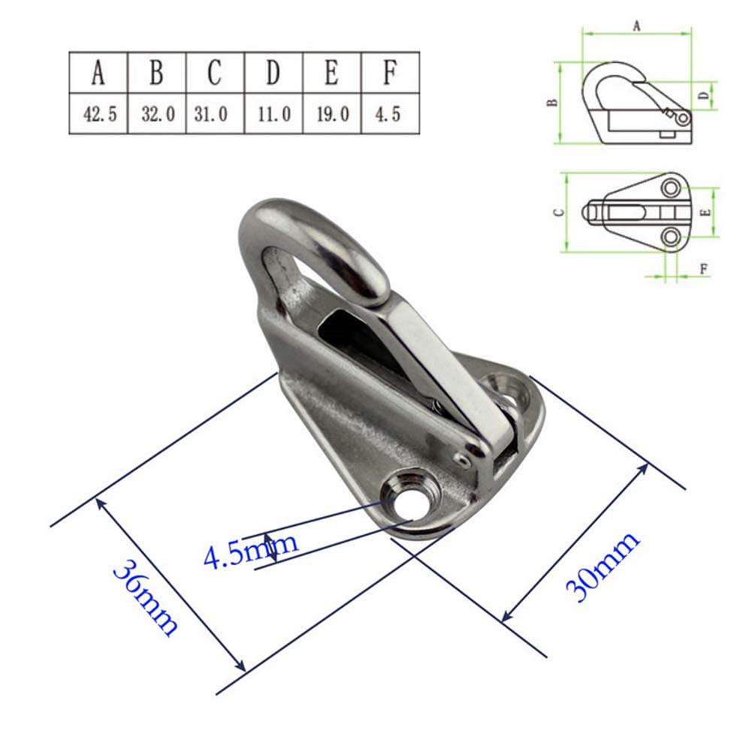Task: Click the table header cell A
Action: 98,73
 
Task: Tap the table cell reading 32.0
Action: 157,115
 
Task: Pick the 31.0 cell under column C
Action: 215,115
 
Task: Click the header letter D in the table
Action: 273,73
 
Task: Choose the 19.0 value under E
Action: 331,115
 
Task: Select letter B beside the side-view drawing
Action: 553,102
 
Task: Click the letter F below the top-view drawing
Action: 703,268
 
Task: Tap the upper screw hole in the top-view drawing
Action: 671,186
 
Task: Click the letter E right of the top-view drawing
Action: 704,213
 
